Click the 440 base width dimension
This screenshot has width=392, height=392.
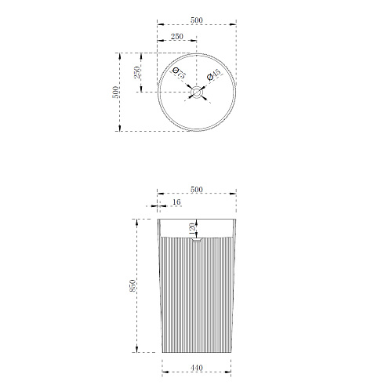197,368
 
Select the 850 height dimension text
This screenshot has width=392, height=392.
132,285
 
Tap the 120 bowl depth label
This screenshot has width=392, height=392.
192,228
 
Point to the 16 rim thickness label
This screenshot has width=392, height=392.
176,201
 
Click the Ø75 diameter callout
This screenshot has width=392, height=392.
179,73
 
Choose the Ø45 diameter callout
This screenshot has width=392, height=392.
214,74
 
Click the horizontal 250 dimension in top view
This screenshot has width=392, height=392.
177,36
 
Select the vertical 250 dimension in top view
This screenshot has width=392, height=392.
137,72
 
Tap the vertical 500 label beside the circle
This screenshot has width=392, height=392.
115,92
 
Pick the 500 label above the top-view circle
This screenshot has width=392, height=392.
197,20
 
